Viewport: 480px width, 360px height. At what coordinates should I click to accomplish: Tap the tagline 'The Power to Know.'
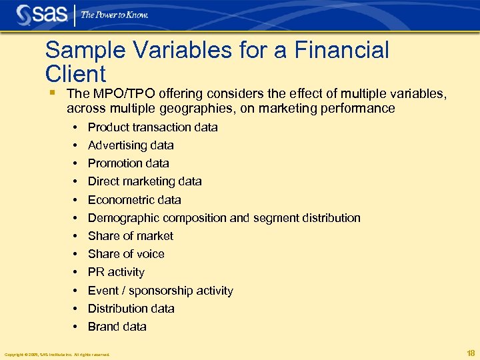[115, 15]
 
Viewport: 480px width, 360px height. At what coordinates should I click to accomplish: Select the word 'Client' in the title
[75, 73]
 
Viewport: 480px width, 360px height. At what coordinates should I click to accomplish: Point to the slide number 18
[471, 353]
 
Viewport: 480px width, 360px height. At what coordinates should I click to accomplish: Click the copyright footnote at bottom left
[57, 354]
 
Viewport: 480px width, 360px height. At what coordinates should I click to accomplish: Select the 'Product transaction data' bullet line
[153, 127]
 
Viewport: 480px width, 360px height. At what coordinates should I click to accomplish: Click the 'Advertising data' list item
[131, 145]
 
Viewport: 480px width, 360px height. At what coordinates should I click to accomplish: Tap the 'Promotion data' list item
[128, 163]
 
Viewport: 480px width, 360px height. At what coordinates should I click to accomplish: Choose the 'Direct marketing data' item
[145, 181]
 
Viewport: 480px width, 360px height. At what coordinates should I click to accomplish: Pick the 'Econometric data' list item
[134, 200]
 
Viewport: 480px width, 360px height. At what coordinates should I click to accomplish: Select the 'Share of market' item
[130, 236]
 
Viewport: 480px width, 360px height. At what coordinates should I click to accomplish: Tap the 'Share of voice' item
[126, 254]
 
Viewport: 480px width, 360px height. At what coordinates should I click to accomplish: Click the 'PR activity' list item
[116, 272]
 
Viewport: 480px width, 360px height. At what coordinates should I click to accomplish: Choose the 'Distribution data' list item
[131, 309]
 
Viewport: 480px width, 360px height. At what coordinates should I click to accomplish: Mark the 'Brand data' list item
[117, 327]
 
